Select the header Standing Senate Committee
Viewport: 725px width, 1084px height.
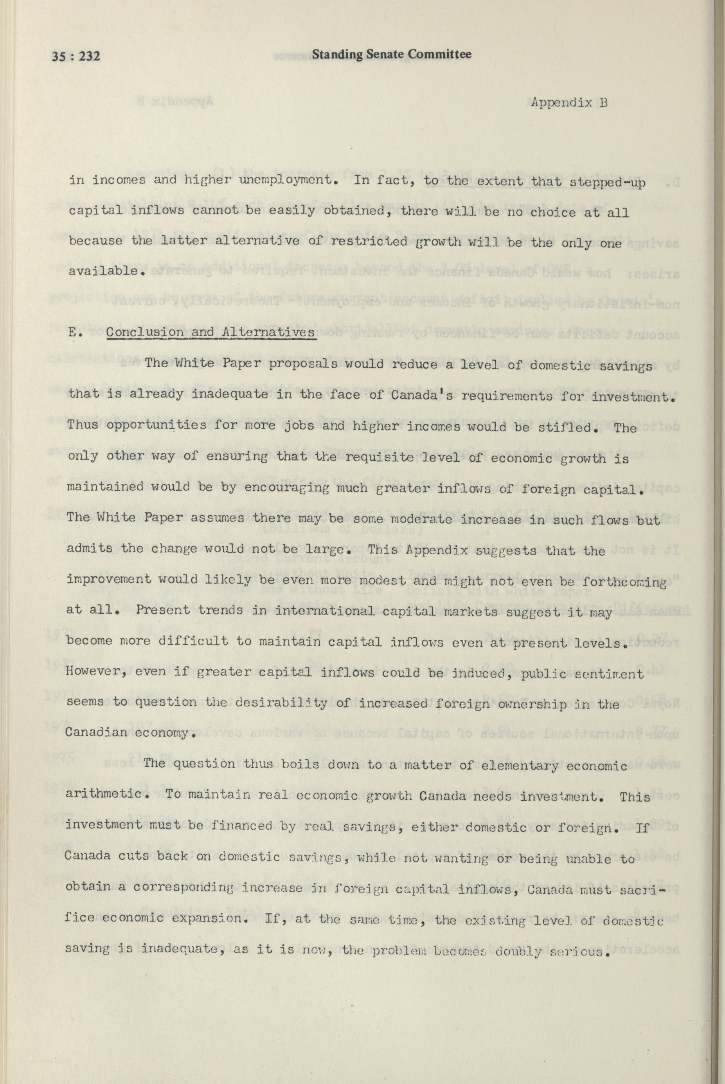click(392, 54)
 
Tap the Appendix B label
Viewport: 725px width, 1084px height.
click(569, 102)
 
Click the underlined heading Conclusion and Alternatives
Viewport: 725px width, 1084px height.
click(210, 332)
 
